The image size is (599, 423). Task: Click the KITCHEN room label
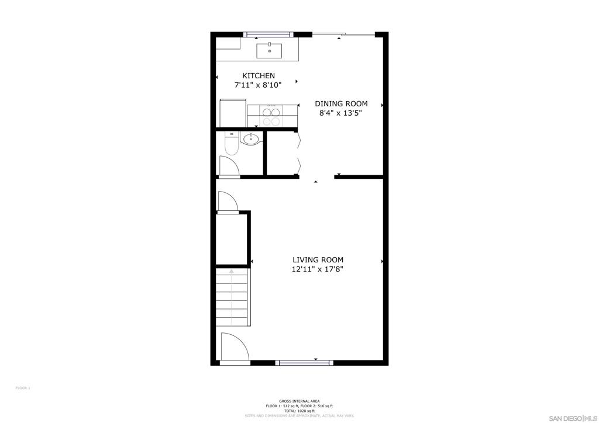point(259,75)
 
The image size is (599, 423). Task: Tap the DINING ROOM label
point(341,103)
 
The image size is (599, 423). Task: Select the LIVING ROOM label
point(318,260)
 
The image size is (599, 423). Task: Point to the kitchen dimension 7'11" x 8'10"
point(258,85)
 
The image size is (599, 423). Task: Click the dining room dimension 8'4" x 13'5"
point(340,113)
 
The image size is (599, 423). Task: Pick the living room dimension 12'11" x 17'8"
point(318,269)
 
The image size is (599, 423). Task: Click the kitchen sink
point(269,51)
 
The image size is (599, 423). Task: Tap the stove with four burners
point(271,116)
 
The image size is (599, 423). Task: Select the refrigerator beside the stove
point(232,113)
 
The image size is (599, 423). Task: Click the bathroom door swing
point(229,166)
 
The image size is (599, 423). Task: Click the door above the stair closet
point(226,202)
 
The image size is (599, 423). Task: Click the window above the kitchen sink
point(267,34)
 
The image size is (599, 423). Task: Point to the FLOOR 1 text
point(22,388)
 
